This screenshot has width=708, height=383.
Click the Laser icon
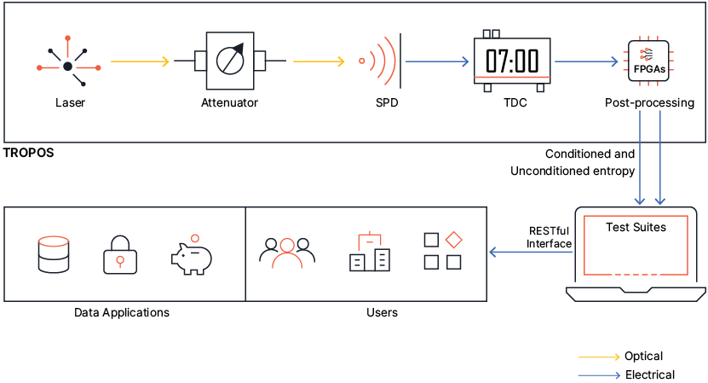pyautogui.click(x=68, y=65)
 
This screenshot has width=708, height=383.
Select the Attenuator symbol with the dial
pyautogui.click(x=229, y=61)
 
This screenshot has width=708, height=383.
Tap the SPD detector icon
pyautogui.click(x=381, y=61)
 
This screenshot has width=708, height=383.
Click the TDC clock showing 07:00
pyautogui.click(x=512, y=61)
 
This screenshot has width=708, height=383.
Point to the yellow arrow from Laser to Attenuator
pyautogui.click(x=141, y=61)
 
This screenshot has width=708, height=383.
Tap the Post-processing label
pyautogui.click(x=650, y=103)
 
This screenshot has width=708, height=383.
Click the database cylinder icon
pyautogui.click(x=55, y=254)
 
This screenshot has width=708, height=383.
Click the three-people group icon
pyautogui.click(x=287, y=252)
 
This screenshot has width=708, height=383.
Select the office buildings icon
pyautogui.click(x=370, y=252)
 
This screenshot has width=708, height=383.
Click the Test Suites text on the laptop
pyautogui.click(x=636, y=228)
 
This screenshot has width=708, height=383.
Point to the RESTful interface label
pyautogui.click(x=549, y=237)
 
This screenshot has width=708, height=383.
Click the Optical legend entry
pyautogui.click(x=643, y=356)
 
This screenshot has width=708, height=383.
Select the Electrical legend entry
pyautogui.click(x=649, y=374)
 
